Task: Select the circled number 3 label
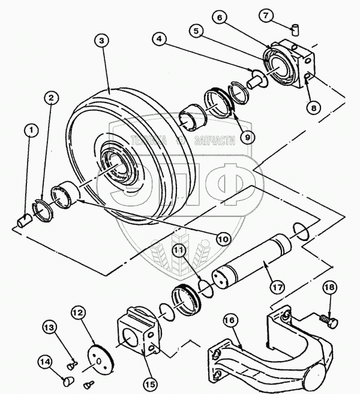click(x=103, y=40)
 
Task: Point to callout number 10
click(x=222, y=238)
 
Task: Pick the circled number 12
click(x=78, y=312)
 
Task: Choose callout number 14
click(x=46, y=362)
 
